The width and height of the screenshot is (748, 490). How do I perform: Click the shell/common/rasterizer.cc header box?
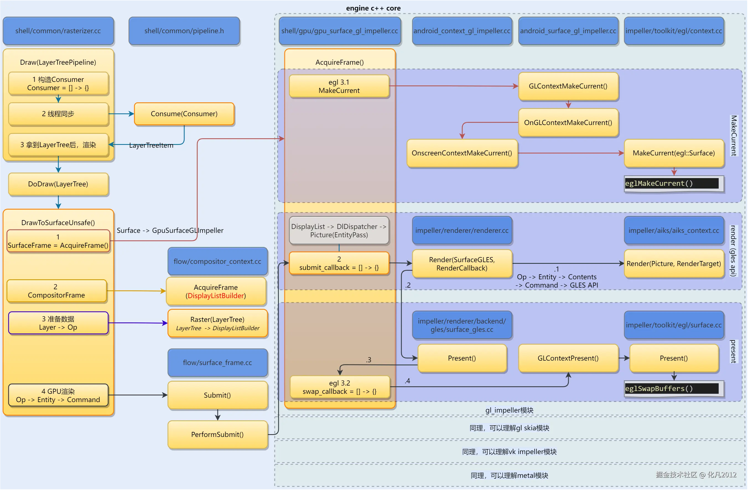[x=58, y=31]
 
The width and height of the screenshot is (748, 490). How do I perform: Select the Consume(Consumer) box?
[x=184, y=114]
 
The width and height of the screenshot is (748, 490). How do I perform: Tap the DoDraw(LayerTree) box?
[x=58, y=184]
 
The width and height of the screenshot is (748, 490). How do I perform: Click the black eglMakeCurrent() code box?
[x=672, y=183]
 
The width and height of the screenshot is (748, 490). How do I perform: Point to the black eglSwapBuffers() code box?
[x=672, y=389]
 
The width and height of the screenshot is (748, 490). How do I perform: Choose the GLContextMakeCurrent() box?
[x=568, y=86]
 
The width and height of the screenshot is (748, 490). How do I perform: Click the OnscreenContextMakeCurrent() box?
[x=462, y=153]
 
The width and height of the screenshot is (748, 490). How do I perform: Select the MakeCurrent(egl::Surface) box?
[x=674, y=153]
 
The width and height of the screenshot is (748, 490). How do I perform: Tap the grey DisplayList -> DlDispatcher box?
[x=339, y=231]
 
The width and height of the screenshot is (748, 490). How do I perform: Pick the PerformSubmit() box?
[x=217, y=434]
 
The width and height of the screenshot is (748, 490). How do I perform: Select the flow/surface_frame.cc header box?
[x=217, y=363]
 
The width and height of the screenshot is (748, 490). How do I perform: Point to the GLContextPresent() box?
[x=568, y=358]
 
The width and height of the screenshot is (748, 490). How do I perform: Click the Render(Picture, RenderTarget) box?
[x=674, y=264]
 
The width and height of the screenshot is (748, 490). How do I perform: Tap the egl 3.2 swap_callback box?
[x=339, y=387]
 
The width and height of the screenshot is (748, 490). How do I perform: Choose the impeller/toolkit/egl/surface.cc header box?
[x=674, y=325]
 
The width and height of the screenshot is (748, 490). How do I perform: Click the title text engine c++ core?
[x=373, y=8]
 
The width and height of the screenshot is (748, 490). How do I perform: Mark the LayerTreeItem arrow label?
[x=151, y=145]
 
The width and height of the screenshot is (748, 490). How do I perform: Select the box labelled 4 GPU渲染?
[x=58, y=395]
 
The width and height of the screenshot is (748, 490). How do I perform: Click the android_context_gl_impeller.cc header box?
[x=462, y=31]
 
